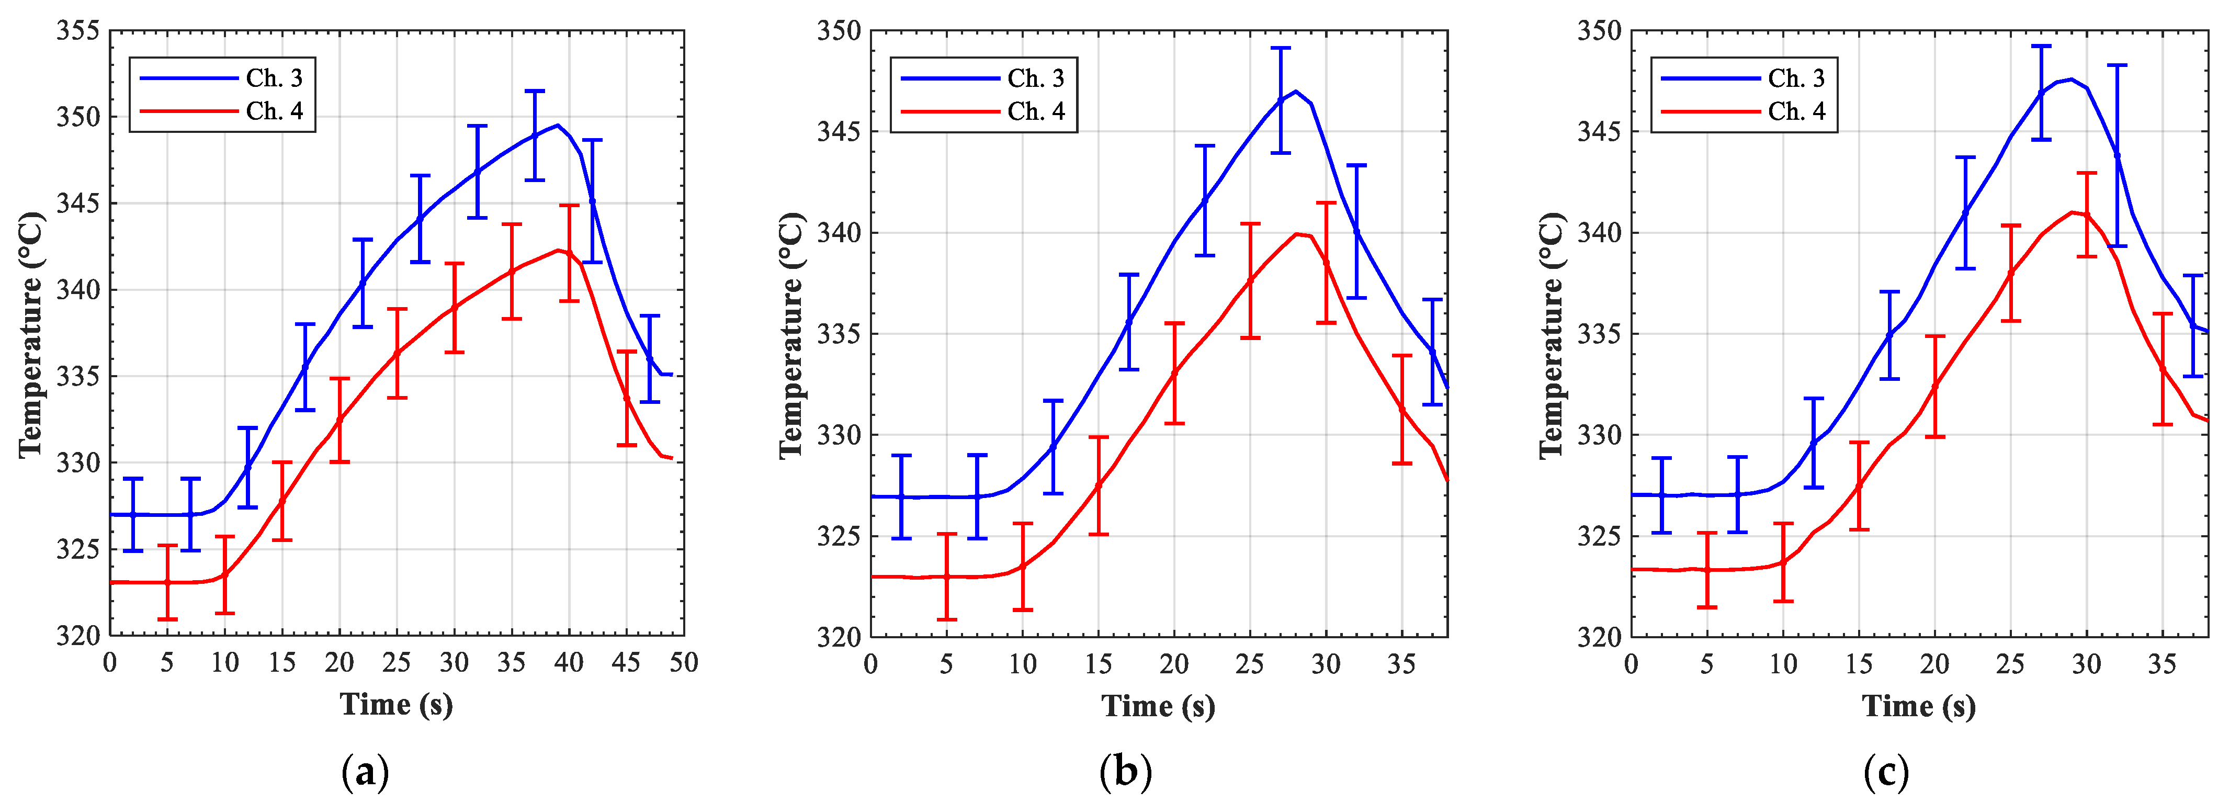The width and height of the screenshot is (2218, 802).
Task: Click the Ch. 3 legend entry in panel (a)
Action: [x=274, y=78]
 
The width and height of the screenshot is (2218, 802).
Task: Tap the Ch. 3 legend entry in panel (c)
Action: [x=1796, y=78]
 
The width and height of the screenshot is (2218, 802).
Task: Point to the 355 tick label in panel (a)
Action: [x=78, y=31]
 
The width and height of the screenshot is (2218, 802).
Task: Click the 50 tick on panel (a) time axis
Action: [x=684, y=662]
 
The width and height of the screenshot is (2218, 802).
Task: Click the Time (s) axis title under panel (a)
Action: [x=396, y=705]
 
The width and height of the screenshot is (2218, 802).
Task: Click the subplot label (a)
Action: [x=365, y=772]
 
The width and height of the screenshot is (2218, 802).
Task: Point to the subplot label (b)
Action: [x=1125, y=772]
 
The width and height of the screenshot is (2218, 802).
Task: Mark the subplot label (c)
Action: [x=1886, y=772]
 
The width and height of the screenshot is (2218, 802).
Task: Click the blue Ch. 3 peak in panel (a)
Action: [x=558, y=125]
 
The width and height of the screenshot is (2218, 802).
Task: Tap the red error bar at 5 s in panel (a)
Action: [x=167, y=582]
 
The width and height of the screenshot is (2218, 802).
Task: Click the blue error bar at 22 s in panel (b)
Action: [x=1205, y=201]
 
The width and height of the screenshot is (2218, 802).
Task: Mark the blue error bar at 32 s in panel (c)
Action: [x=2117, y=155]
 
